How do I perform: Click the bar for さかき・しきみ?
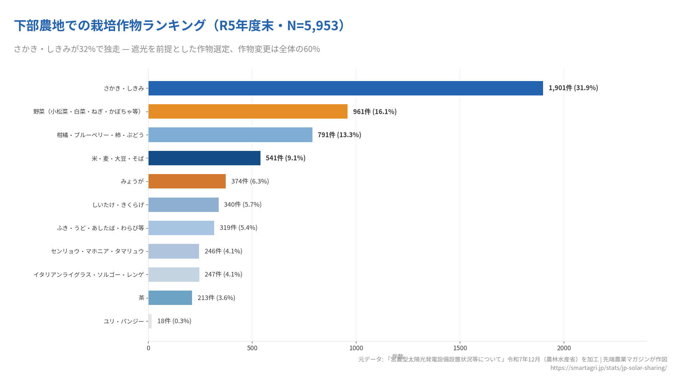(x=345, y=88)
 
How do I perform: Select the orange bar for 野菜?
(x=248, y=111)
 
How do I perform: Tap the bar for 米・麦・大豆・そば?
(x=204, y=158)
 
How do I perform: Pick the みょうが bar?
(x=187, y=181)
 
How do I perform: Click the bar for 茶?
(x=170, y=298)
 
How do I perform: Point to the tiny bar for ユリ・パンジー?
(x=150, y=321)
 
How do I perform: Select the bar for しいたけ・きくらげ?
(x=183, y=205)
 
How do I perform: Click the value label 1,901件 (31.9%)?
(x=573, y=88)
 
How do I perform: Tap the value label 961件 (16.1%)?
(x=375, y=112)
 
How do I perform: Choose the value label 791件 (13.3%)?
(x=339, y=135)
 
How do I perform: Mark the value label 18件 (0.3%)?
(x=174, y=321)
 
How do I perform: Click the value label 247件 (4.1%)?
(x=223, y=274)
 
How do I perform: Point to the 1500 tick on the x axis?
(x=460, y=348)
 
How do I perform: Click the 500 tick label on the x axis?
(x=252, y=348)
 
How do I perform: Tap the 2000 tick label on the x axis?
(x=564, y=348)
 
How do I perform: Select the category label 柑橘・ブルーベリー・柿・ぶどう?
(x=100, y=135)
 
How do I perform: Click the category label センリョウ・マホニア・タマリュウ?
(x=97, y=251)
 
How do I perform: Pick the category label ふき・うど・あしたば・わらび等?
(x=100, y=228)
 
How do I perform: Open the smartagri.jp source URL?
(x=608, y=368)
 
